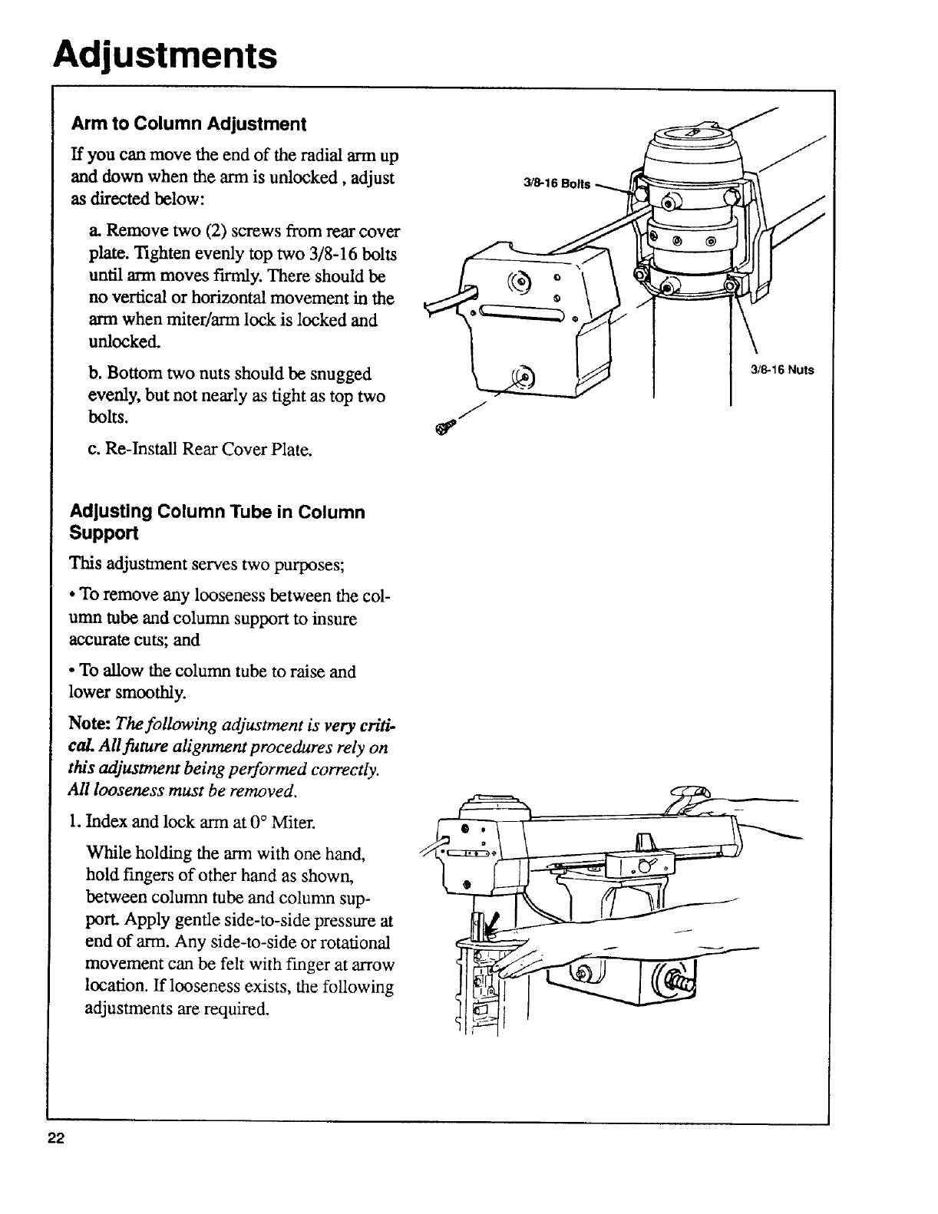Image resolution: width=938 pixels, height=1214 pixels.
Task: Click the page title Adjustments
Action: pos(164,55)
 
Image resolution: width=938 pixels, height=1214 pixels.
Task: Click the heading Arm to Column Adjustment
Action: pos(189,124)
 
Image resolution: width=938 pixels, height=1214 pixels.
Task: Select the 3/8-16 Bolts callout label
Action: pos(557,184)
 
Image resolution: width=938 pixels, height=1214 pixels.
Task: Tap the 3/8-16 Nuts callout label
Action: pos(781,371)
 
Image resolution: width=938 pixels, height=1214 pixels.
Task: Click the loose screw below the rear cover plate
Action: pos(443,428)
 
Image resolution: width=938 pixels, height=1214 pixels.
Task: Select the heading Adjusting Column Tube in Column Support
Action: pos(217,522)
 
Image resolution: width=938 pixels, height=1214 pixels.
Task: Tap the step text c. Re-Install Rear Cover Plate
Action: pos(200,449)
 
